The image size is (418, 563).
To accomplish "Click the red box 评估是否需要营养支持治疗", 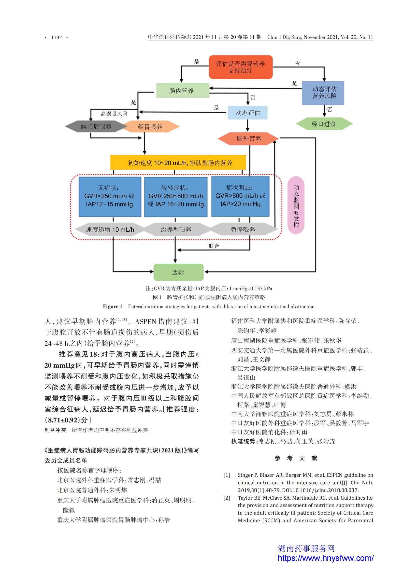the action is point(241,67).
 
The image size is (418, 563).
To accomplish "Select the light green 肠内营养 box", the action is point(183,90).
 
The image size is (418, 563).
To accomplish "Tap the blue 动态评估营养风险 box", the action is point(323,93).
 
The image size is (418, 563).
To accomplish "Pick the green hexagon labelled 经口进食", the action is point(324,124).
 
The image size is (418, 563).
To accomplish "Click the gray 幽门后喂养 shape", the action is point(96,126).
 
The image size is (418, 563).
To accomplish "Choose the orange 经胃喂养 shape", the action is point(150,127).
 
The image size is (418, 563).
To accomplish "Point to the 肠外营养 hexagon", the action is point(248,138).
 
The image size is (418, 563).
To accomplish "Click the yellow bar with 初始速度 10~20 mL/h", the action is point(178,162).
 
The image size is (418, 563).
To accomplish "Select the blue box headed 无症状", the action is point(110,197).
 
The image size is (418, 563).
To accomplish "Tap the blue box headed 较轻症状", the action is point(176,197).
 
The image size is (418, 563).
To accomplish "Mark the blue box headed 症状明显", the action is point(240,196).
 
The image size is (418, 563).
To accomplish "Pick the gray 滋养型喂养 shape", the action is point(176,229).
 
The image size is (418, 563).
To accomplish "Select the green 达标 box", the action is point(179,272).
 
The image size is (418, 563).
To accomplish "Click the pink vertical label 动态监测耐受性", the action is point(296,205).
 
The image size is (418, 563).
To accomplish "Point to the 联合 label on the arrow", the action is point(214,246).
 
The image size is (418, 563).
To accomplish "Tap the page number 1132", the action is point(57,38).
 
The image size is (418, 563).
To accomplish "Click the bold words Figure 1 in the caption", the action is point(112,306).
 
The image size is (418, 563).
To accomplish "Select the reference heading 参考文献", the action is point(296,458).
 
